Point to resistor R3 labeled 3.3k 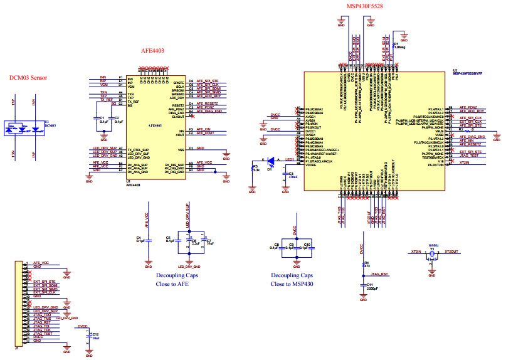(x=252, y=167)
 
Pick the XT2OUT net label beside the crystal (x=451, y=251)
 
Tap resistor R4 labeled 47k (x=362, y=265)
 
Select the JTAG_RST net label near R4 (x=380, y=274)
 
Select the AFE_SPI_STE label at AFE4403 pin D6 (x=207, y=81)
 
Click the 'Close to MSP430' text (x=292, y=283)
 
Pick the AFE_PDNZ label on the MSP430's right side (x=468, y=107)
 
